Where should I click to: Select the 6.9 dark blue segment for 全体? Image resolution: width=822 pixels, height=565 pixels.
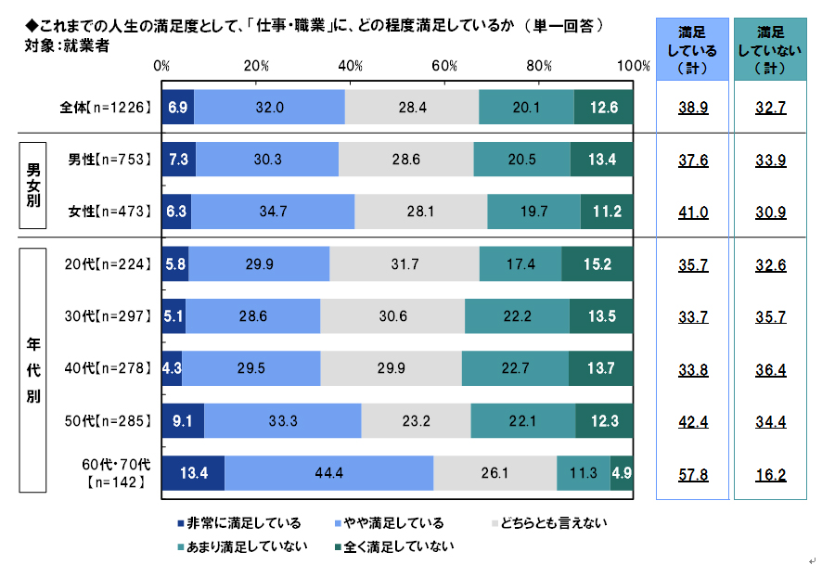pos(177,107)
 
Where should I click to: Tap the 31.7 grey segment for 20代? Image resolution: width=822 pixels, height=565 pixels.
pos(405,263)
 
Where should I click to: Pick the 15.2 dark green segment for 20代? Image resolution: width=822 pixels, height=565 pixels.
pos(597,263)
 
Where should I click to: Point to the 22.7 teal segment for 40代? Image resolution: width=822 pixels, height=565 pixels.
pos(515,368)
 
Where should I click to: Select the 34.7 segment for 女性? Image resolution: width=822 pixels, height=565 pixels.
pos(273,211)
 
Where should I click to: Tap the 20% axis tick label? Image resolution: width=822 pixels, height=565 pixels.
pos(256,66)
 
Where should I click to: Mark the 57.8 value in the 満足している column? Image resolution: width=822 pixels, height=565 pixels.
pos(693,473)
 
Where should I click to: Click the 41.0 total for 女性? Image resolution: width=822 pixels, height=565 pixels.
pos(693,212)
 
